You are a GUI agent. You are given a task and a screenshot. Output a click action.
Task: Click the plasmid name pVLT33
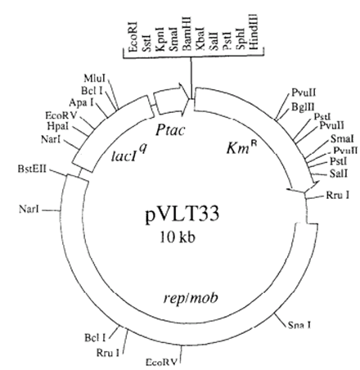pos(182,214)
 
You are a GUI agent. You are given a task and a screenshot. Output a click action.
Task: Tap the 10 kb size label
pos(178,237)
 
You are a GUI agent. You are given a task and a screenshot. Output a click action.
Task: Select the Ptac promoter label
pos(170,129)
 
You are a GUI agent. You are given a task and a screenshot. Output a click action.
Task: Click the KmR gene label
pos(241,148)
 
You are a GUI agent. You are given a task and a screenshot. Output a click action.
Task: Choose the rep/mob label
pos(191,298)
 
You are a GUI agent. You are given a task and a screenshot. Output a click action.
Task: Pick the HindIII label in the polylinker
pos(254,32)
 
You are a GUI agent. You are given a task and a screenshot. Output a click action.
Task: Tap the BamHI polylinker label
pos(187,34)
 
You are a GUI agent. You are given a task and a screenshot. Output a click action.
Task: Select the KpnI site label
pos(160,38)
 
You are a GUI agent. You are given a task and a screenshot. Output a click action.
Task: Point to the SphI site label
pos(241,38)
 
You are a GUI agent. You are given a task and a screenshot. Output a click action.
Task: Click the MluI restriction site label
pos(95,79)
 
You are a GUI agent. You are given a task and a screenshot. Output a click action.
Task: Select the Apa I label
pos(81,102)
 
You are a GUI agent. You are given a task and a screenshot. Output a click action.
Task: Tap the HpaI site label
pos(58,126)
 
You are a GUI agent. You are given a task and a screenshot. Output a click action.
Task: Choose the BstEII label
pos(32,169)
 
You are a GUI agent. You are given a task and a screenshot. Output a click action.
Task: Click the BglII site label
pos(303,106)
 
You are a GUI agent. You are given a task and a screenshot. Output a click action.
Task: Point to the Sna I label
pos(299,325)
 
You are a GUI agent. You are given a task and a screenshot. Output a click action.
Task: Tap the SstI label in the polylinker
pos(146,40)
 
